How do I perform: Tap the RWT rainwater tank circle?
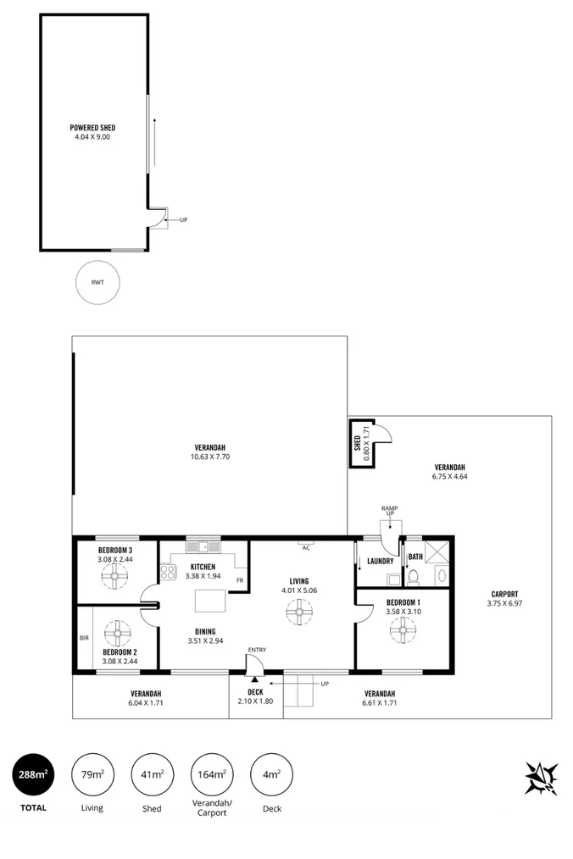coord(97,282)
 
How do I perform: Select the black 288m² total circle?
coord(33,774)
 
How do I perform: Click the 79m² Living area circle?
coord(92,774)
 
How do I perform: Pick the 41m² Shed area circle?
coord(153,774)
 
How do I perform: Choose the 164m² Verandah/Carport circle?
coord(213,774)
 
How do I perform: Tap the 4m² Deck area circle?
coord(272,774)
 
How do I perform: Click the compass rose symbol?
coord(541,778)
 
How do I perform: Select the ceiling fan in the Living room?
coord(298,611)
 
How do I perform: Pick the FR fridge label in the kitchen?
coord(240,580)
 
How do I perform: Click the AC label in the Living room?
coord(306,547)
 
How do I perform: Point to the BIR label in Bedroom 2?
coord(85,638)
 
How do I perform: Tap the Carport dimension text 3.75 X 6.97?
coord(503,603)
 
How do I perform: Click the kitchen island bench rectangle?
coord(211,601)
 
